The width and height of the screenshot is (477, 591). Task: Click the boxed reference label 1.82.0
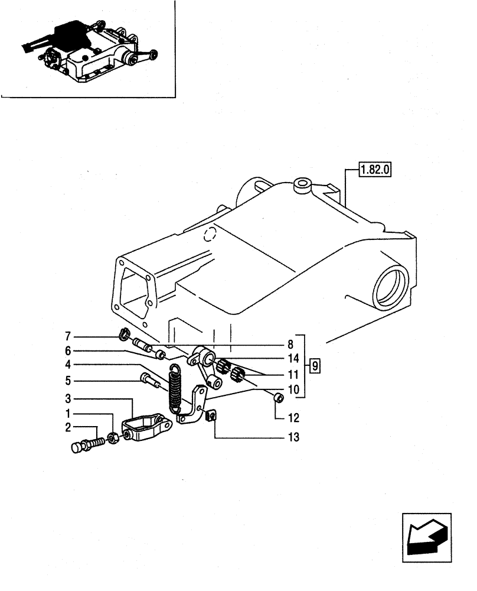[x=375, y=171]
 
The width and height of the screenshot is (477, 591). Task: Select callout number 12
[x=293, y=418]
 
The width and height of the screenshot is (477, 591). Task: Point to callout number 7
[x=68, y=336]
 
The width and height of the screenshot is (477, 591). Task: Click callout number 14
[x=293, y=358]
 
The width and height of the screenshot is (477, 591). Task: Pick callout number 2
[x=68, y=426]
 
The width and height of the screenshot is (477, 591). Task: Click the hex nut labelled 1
[x=115, y=440]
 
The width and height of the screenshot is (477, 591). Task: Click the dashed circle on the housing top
[x=208, y=236]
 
